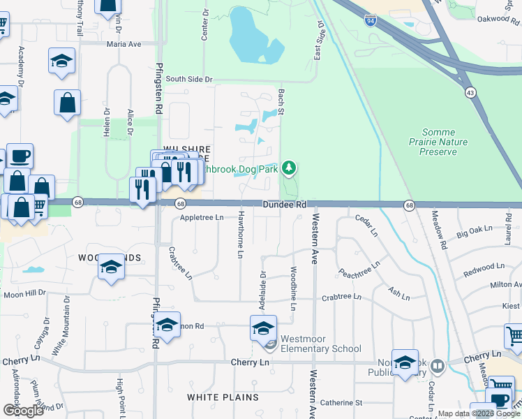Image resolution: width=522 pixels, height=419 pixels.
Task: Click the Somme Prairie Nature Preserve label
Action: click(448, 141)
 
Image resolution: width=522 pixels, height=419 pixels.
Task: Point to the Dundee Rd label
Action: click(285, 205)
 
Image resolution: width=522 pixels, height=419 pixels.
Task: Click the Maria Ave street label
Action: click(124, 43)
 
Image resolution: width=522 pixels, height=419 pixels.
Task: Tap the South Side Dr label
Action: click(188, 80)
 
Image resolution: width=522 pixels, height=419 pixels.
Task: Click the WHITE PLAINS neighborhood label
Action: click(223, 397)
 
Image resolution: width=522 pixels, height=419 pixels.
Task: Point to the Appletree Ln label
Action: click(201, 218)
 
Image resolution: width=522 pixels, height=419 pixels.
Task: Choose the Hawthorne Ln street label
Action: click(240, 235)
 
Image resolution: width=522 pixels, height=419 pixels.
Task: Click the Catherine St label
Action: click(341, 403)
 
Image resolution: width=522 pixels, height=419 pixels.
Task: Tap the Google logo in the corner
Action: click(23, 411)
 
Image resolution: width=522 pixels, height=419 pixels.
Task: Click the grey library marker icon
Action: click(438, 365)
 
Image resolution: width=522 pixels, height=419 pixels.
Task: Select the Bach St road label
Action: click(282, 98)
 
